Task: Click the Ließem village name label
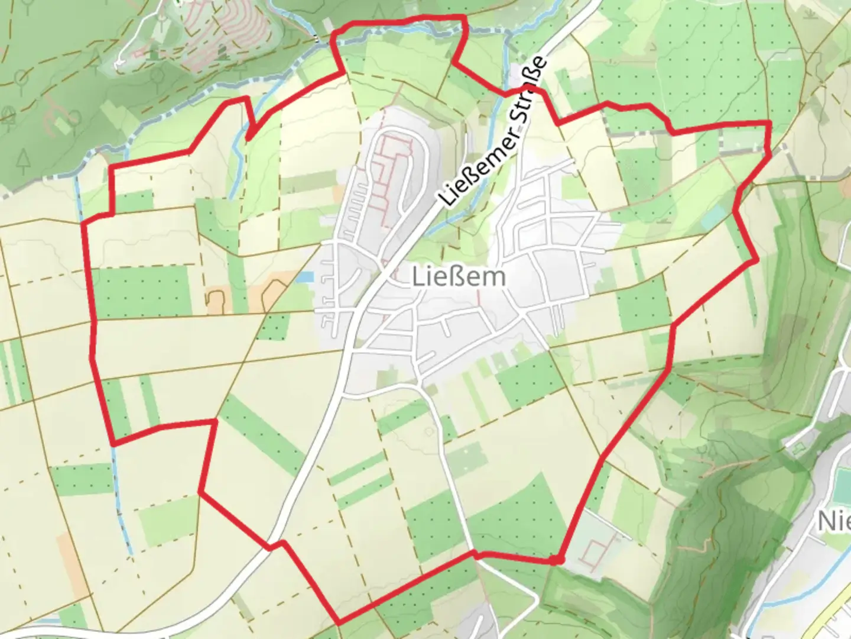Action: (459, 277)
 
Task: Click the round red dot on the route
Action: (556, 559)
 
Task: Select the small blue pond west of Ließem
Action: (305, 276)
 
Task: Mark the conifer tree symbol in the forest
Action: (24, 159)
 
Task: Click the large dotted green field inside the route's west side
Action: (142, 291)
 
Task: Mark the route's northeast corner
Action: (769, 123)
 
